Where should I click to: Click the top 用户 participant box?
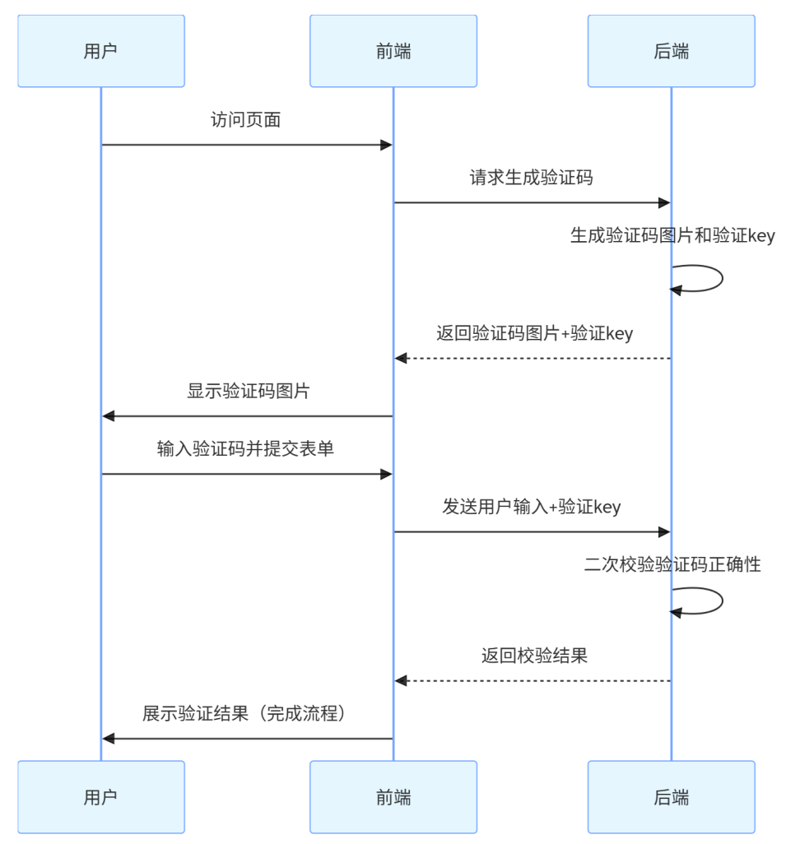[x=100, y=51]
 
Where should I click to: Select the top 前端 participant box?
[x=393, y=51]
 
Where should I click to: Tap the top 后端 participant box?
[x=671, y=51]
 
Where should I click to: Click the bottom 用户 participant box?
[x=100, y=796]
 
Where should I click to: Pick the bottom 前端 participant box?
[x=393, y=796]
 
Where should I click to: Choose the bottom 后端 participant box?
[x=671, y=796]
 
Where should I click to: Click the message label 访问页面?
[x=246, y=120]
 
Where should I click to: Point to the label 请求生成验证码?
[x=531, y=178]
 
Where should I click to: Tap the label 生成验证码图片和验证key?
[x=672, y=236]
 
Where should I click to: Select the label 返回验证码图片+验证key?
[x=534, y=334]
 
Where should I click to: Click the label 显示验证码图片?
[x=248, y=392]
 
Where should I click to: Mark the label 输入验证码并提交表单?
[x=245, y=449]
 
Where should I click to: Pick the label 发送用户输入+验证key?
[x=531, y=507]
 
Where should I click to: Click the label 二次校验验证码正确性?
[x=672, y=565]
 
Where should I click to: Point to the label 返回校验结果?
[x=534, y=656]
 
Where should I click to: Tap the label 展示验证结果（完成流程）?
[x=245, y=713]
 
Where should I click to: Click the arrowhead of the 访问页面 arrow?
[x=385, y=145]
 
